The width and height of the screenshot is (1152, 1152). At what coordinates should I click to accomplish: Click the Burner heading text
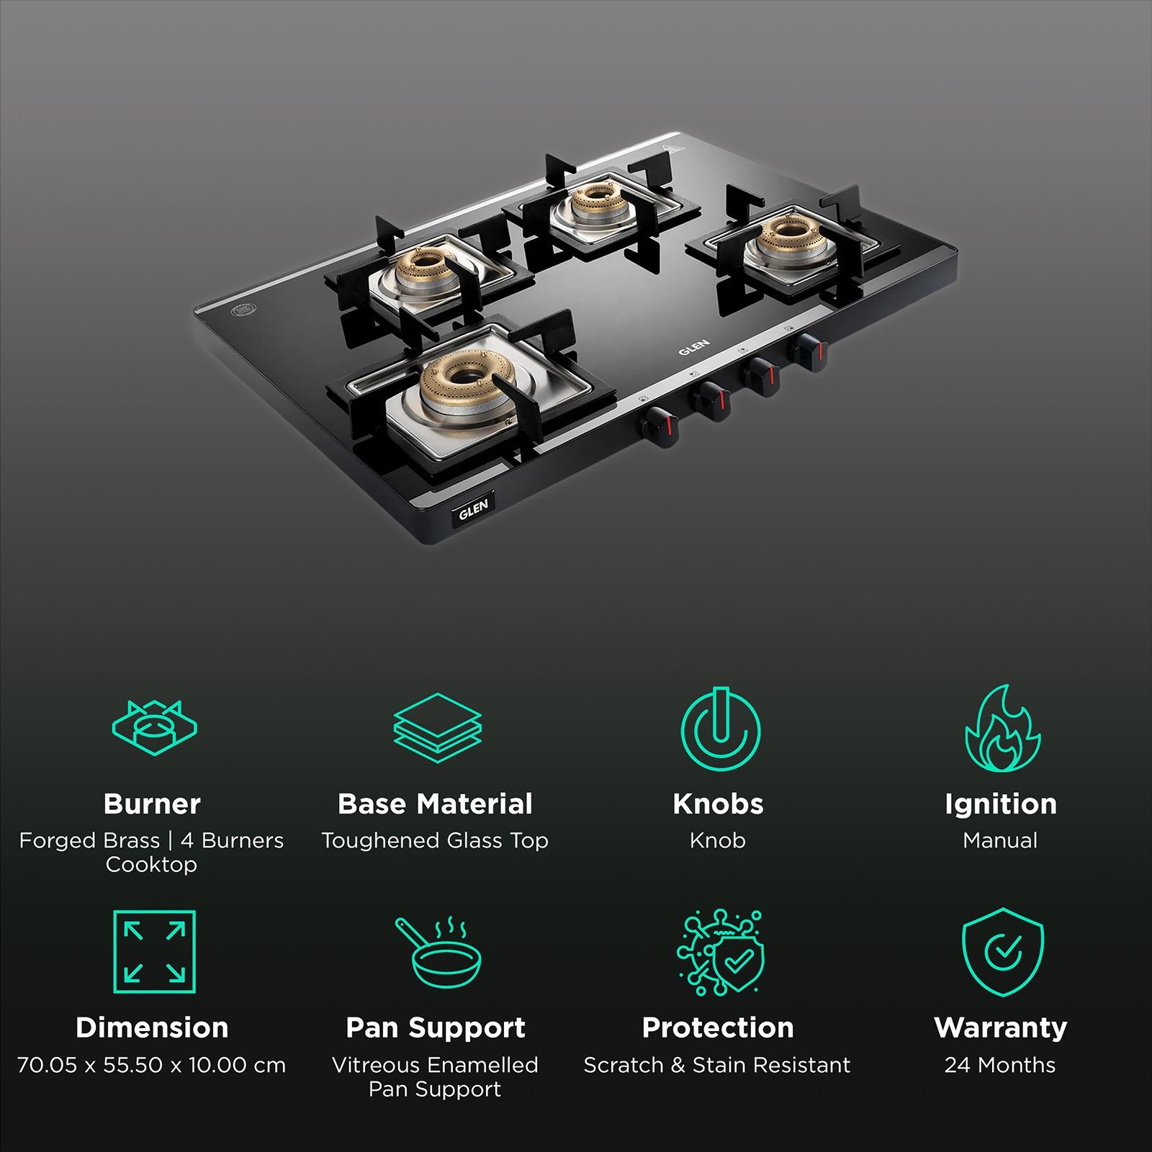point(152,804)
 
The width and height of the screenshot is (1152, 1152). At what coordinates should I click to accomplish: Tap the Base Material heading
point(435,804)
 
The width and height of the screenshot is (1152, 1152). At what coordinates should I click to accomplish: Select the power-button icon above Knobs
point(719,729)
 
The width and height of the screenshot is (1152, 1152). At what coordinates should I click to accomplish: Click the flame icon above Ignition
point(1002,729)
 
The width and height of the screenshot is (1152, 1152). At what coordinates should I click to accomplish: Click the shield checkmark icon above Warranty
point(1002,952)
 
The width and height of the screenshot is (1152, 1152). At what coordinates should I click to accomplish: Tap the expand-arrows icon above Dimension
point(154,952)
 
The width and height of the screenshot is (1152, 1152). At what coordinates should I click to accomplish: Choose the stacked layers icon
point(437,728)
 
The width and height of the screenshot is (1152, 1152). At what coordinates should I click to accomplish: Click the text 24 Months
point(1000,1065)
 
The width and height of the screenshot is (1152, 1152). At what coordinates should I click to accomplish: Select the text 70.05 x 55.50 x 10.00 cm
point(152,1065)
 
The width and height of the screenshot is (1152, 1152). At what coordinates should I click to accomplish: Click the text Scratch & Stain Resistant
point(717,1065)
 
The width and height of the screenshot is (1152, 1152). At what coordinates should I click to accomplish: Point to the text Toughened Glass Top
point(435,840)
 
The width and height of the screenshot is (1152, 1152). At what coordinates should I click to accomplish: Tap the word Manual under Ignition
point(1000,840)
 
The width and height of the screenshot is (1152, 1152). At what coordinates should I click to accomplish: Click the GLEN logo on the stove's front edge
point(474,508)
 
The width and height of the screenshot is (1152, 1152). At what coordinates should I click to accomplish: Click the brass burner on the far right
point(786,233)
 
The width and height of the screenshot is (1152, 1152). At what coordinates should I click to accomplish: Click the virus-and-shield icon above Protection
point(719,952)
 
